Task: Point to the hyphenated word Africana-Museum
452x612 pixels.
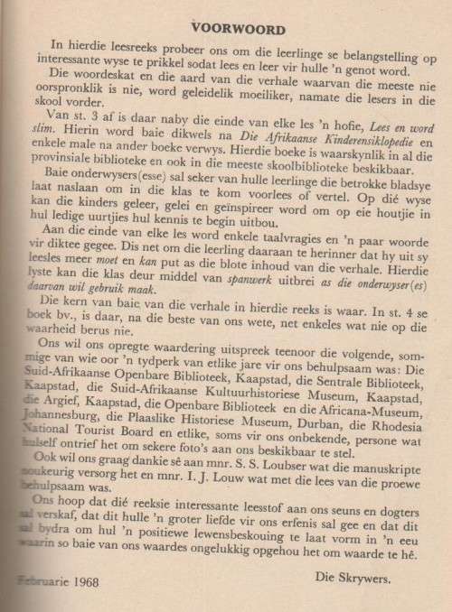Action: click(383, 404)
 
